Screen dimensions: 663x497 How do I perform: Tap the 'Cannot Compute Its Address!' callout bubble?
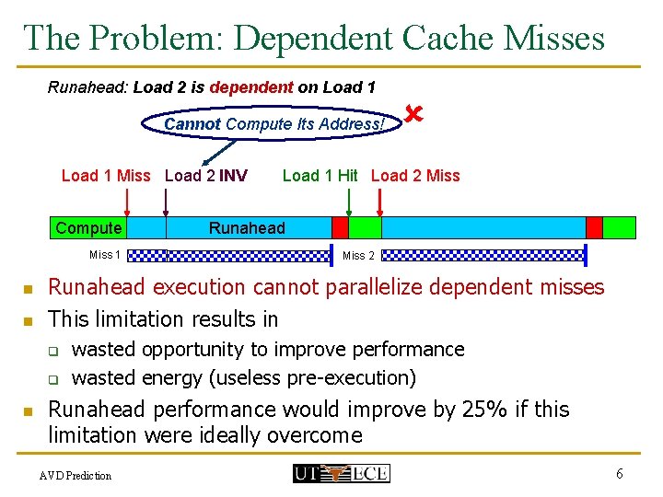click(273, 124)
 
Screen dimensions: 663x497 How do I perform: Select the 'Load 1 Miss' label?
click(105, 176)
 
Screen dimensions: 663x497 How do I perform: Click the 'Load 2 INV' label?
click(205, 176)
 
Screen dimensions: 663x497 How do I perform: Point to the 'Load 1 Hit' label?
click(320, 176)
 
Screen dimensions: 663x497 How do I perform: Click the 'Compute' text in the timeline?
click(88, 228)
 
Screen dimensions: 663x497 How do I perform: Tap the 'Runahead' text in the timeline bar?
click(247, 228)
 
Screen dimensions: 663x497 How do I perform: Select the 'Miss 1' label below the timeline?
click(104, 255)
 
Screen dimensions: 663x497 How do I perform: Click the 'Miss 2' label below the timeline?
click(358, 256)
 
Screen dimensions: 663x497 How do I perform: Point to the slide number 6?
click(620, 473)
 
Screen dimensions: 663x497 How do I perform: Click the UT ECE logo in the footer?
click(341, 474)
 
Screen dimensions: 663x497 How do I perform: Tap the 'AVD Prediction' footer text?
click(76, 476)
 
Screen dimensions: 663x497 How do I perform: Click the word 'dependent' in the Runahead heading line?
click(251, 88)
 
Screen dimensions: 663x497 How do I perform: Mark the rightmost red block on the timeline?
click(594, 227)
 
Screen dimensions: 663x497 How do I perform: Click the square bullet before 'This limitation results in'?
click(29, 321)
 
